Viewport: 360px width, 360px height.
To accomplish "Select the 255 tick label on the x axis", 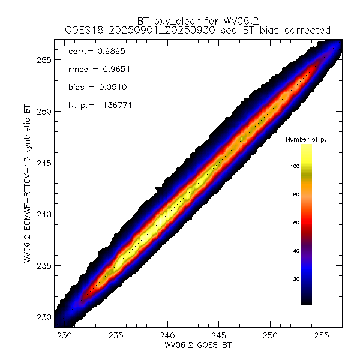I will tap(322, 334).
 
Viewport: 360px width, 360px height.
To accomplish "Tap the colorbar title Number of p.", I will tap(305, 139).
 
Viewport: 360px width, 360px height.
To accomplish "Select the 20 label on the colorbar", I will tap(296, 279).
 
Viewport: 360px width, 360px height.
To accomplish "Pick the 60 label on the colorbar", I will tap(296, 223).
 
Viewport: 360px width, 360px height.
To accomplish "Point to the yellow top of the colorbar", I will tap(306, 148).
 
